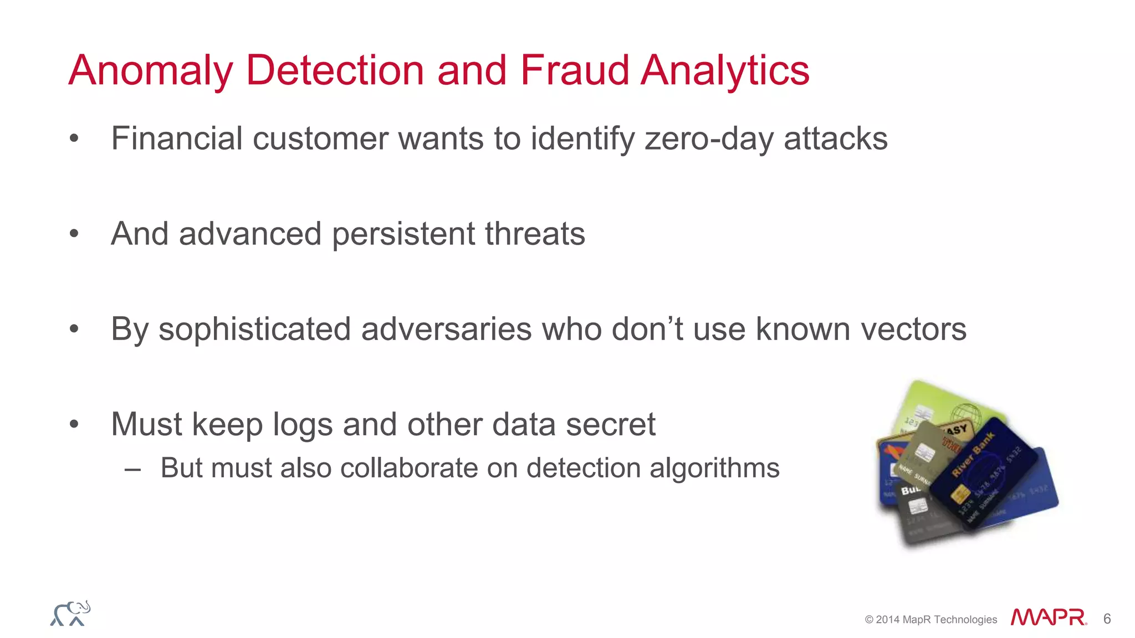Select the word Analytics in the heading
(725, 71)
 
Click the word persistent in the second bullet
(403, 234)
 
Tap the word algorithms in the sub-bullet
(714, 468)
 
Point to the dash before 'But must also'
(133, 469)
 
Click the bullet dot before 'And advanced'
(74, 234)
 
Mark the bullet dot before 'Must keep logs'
(74, 424)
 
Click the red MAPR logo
(1048, 618)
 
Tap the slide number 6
(1107, 619)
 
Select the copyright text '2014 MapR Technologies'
(936, 620)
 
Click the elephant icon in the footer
(70, 614)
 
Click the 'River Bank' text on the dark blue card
(973, 454)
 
